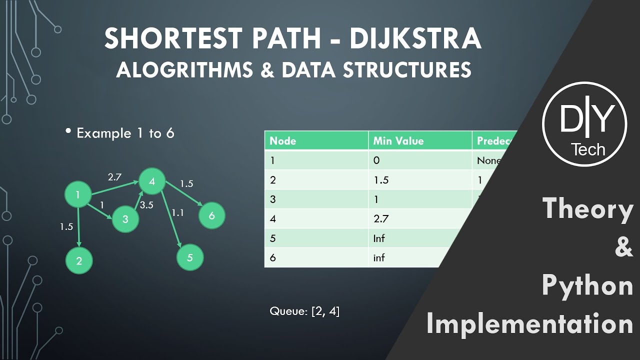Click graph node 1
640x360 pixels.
pyautogui.click(x=78, y=195)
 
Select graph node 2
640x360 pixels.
pyautogui.click(x=79, y=260)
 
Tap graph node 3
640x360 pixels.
pyautogui.click(x=125, y=219)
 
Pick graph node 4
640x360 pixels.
pyautogui.click(x=152, y=181)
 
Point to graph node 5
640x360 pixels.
pyautogui.click(x=190, y=258)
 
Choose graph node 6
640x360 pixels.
pyautogui.click(x=212, y=215)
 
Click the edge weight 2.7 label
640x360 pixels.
pyautogui.click(x=114, y=176)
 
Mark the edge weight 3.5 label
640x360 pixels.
pyautogui.click(x=146, y=205)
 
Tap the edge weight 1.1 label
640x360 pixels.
pyautogui.click(x=177, y=212)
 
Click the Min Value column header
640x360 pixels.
pyautogui.click(x=398, y=141)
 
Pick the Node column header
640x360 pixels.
pyautogui.click(x=283, y=141)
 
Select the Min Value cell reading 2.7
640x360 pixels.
pyautogui.click(x=381, y=219)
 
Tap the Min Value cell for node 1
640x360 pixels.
pyautogui.click(x=376, y=160)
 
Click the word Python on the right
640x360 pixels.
pyautogui.click(x=587, y=285)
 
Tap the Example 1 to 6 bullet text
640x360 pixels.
pyautogui.click(x=125, y=133)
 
